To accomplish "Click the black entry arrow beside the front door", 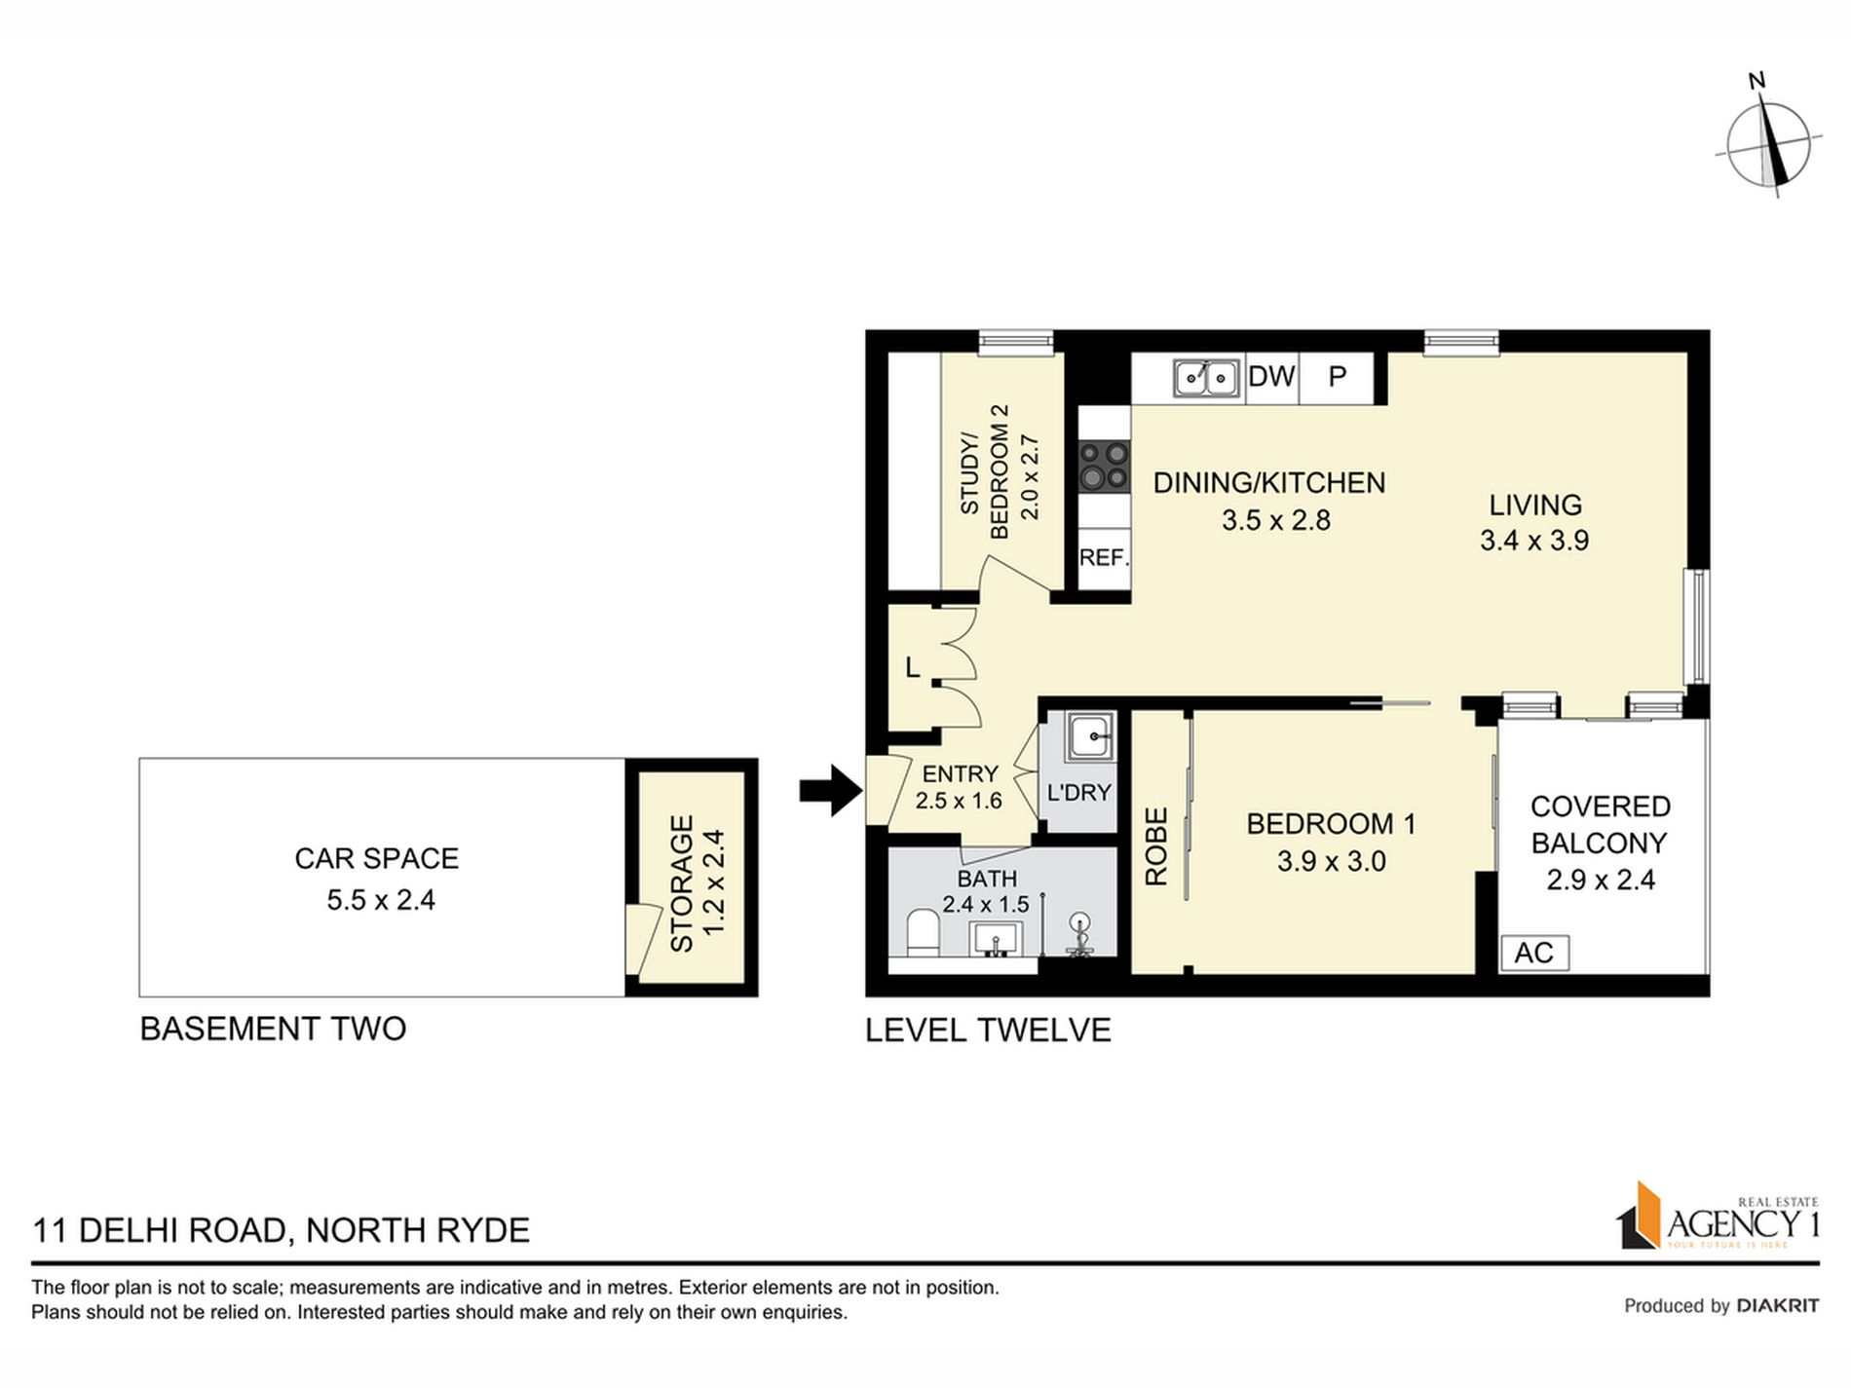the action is (831, 790).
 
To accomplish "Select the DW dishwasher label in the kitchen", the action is (1271, 376).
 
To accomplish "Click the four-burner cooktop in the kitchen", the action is (1104, 465).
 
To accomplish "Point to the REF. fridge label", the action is (1104, 558).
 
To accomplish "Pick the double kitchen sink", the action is (1206, 377).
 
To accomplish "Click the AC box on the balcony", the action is (1533, 952).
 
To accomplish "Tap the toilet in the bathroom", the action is (921, 933).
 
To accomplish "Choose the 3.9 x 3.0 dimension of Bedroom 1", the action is (1331, 861).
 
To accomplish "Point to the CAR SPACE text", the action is (377, 858).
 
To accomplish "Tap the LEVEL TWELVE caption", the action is (988, 1030).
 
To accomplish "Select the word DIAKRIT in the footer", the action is (1779, 1305).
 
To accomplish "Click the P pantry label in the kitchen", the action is (1338, 376).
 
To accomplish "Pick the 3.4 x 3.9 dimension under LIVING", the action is (1534, 540).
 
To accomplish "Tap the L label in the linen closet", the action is (912, 667).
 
